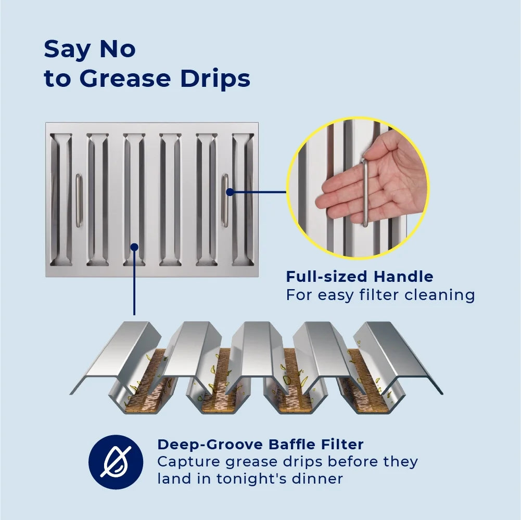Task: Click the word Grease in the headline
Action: pyautogui.click(x=125, y=79)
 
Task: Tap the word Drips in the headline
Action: pyautogui.click(x=215, y=79)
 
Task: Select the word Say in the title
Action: pyautogui.click(x=67, y=50)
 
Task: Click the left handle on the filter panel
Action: pyautogui.click(x=79, y=200)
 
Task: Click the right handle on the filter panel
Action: pyautogui.click(x=225, y=200)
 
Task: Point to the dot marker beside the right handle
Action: pyautogui.click(x=230, y=192)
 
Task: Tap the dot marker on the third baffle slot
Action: pyautogui.click(x=134, y=247)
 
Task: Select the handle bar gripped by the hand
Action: pyautogui.click(x=365, y=192)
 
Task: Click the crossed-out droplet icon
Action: pyautogui.click(x=116, y=462)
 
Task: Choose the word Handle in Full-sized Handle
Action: pyautogui.click(x=403, y=277)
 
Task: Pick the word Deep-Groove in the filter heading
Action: pyautogui.click(x=210, y=444)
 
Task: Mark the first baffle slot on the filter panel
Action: pyautogui.click(x=61, y=200)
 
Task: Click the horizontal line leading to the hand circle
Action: pyautogui.click(x=258, y=192)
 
